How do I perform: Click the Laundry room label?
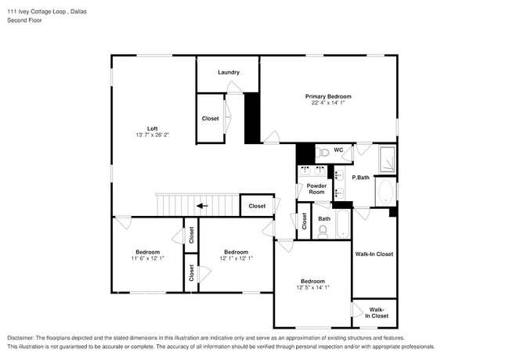coord(229,73)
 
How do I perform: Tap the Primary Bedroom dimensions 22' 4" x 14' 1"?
coord(328,103)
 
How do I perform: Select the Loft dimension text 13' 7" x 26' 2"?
coord(153,135)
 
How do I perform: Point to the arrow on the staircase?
coord(202,206)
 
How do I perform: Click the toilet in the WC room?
coord(322,150)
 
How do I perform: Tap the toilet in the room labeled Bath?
coord(323,230)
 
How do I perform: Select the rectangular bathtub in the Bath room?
coord(342,225)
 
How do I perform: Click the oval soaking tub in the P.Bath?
coord(385,192)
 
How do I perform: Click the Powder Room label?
coord(316,189)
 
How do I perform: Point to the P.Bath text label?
coord(360,178)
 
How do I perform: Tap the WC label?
coord(338,149)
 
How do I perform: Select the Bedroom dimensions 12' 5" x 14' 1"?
coord(312,287)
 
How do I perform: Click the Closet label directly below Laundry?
coord(211,118)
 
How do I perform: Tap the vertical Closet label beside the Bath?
coord(305,221)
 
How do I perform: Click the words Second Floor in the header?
coord(25,20)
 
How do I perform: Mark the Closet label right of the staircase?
coord(257,206)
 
